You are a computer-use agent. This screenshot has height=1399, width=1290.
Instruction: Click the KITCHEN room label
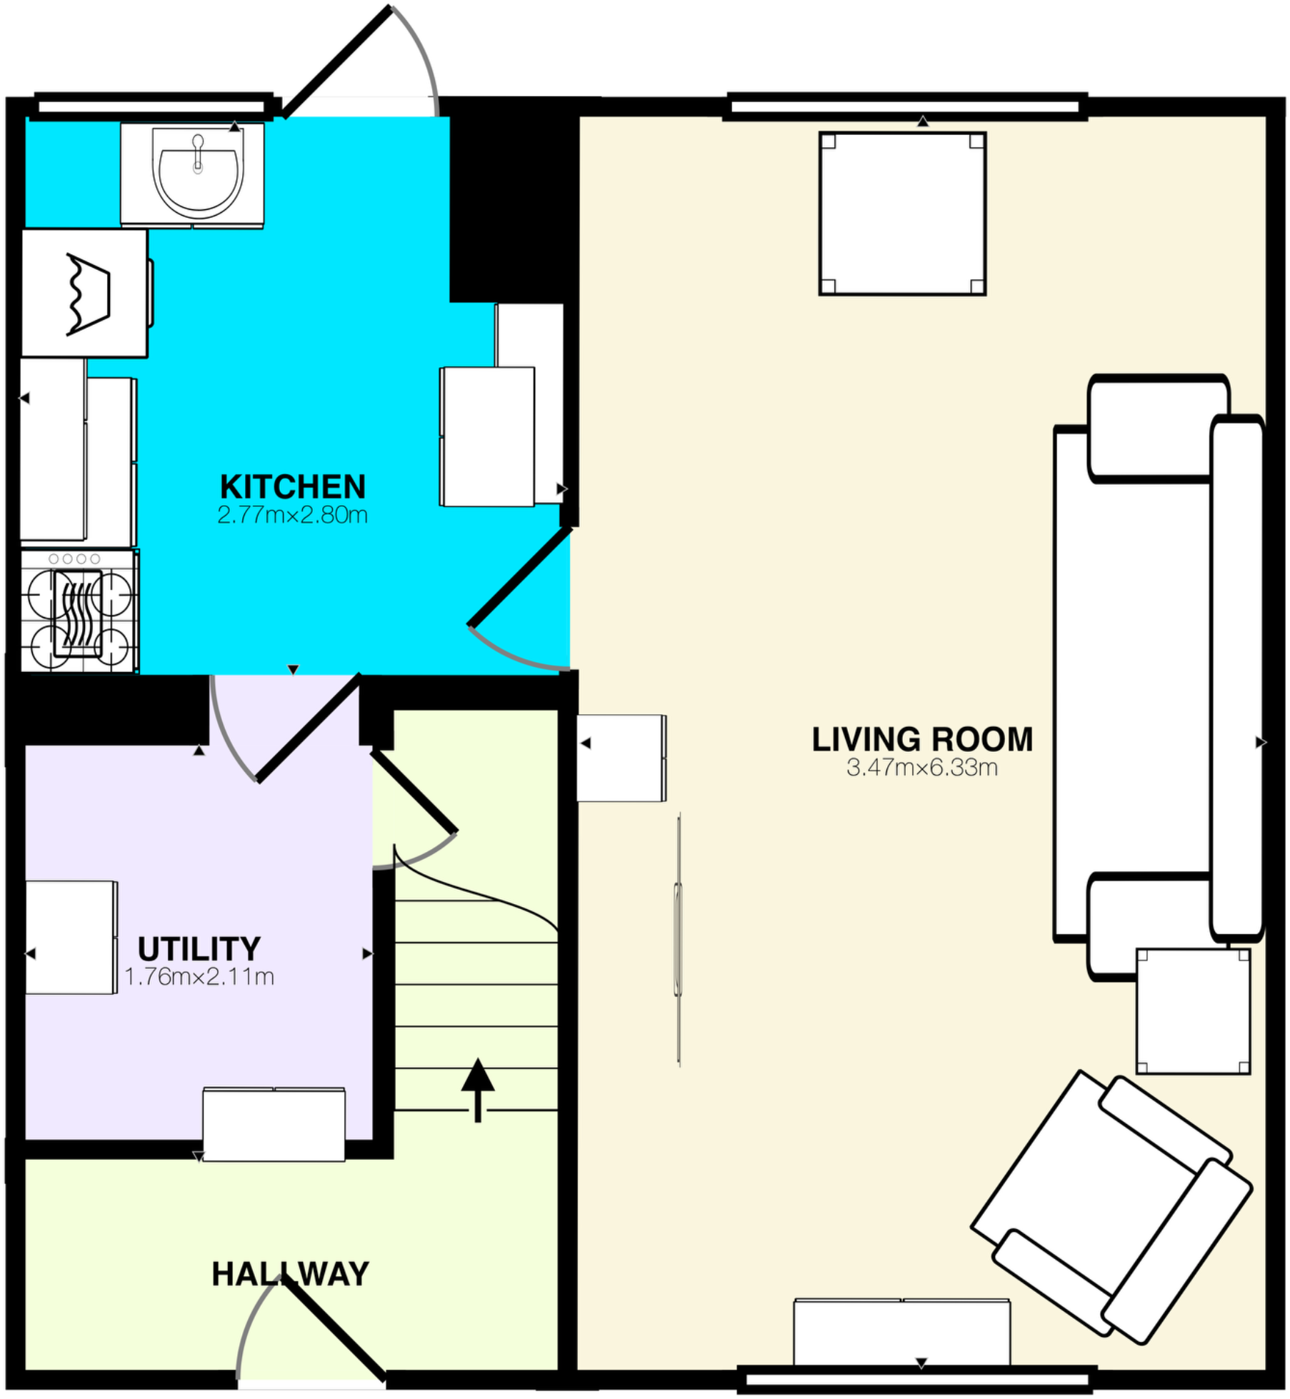[293, 487]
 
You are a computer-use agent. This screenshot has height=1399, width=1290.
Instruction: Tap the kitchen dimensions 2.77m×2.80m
[292, 515]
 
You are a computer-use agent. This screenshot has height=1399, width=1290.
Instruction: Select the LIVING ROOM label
[922, 739]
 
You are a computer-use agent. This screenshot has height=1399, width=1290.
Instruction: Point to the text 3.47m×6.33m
[922, 768]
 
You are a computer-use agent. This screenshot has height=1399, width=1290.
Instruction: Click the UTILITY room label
[199, 949]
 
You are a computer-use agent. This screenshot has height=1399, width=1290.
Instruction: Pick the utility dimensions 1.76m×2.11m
[199, 976]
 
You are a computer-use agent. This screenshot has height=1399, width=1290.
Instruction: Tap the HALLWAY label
[290, 1274]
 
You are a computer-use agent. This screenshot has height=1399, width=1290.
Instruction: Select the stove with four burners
[79, 611]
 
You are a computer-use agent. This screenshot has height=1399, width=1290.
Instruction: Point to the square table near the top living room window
[902, 214]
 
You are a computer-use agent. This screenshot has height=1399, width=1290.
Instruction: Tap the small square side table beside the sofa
[1192, 1011]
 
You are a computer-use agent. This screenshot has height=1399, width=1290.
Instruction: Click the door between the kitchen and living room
[519, 578]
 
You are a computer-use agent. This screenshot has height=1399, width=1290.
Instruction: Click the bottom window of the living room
[916, 1379]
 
